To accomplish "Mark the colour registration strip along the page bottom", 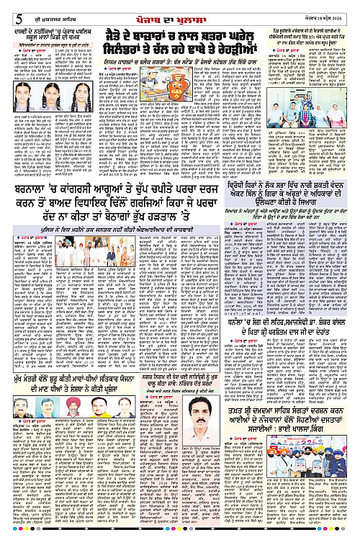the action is click(x=180, y=536).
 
